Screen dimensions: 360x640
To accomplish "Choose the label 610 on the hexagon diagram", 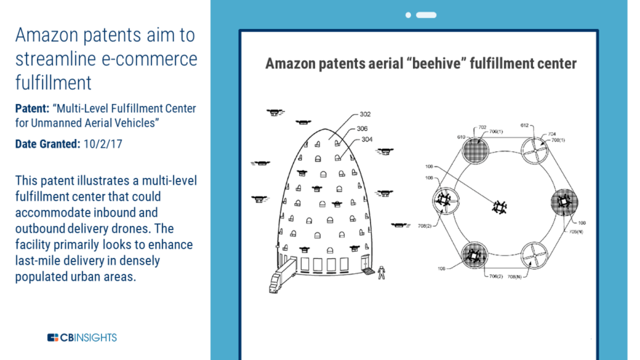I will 461,137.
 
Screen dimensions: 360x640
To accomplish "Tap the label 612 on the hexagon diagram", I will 525,125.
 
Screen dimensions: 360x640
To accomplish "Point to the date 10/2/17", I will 102,144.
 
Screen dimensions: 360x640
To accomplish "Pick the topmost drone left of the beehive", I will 275,112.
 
